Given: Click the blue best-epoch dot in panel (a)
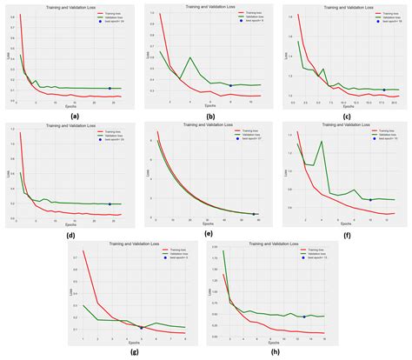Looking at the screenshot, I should point(110,88).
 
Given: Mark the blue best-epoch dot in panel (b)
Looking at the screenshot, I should point(230,85).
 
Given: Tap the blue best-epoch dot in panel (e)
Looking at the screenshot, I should point(254,213).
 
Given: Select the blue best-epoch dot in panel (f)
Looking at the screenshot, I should point(370,200).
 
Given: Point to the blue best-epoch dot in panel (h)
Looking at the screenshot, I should point(303,317).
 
